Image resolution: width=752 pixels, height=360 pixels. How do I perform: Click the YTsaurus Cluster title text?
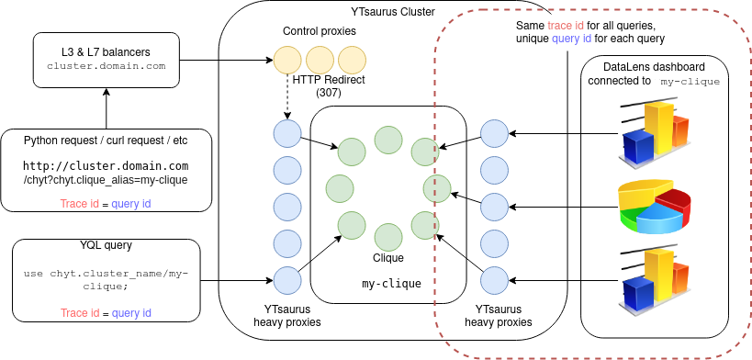tap(393, 12)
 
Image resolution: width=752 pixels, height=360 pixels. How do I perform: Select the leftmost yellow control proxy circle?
tap(287, 62)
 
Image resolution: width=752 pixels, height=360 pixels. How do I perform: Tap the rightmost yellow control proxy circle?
tap(352, 62)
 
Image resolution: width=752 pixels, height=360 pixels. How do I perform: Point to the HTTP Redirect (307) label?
tap(329, 86)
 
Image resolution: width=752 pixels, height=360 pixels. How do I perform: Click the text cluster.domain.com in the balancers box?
tap(106, 66)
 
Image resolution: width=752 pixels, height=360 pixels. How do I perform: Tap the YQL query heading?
tap(107, 245)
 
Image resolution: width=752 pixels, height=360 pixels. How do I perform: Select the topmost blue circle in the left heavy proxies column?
tap(287, 133)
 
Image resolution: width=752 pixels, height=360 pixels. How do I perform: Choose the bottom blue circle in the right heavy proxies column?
tap(495, 279)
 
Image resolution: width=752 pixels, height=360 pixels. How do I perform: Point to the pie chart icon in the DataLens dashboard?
tap(653, 207)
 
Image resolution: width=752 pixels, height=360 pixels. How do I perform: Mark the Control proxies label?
tap(320, 31)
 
